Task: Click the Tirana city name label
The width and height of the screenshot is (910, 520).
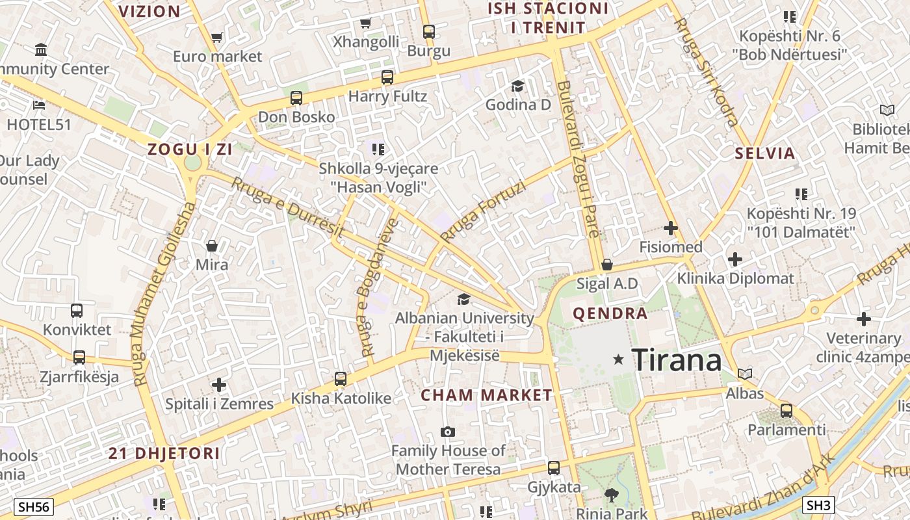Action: pyautogui.click(x=676, y=359)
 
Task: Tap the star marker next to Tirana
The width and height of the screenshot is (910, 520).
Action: pyautogui.click(x=618, y=359)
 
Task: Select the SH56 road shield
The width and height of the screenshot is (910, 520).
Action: pyautogui.click(x=34, y=507)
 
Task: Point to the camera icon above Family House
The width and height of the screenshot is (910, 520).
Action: pyautogui.click(x=448, y=432)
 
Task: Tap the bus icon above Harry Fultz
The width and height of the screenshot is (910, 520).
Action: pyautogui.click(x=387, y=77)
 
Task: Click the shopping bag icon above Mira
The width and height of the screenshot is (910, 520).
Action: pyautogui.click(x=212, y=246)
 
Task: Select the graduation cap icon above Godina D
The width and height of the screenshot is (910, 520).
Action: pyautogui.click(x=517, y=86)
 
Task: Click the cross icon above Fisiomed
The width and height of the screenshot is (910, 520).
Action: pyautogui.click(x=671, y=228)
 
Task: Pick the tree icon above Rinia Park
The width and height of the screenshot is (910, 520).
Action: pyautogui.click(x=611, y=495)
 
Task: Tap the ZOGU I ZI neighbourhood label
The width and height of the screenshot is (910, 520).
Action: pyautogui.click(x=190, y=149)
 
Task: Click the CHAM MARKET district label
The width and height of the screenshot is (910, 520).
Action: pyautogui.click(x=486, y=395)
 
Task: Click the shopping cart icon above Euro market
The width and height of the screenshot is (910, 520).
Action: pyautogui.click(x=217, y=38)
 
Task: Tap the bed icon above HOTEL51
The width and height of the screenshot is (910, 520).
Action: pyautogui.click(x=39, y=105)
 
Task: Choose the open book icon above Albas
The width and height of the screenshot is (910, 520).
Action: pyautogui.click(x=745, y=374)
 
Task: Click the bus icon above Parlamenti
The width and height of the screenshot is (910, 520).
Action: pyautogui.click(x=786, y=410)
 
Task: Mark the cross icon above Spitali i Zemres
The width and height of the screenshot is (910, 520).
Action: pyautogui.click(x=219, y=385)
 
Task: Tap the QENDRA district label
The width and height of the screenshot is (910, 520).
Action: pyautogui.click(x=610, y=314)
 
